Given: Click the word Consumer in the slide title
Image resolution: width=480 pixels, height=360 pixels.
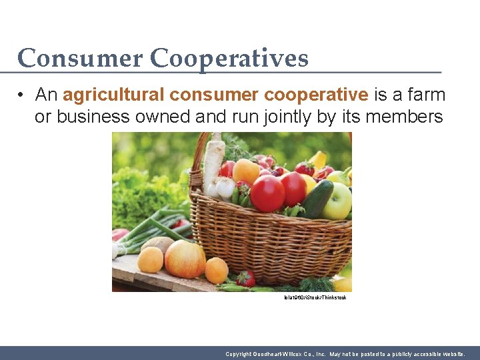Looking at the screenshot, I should pyautogui.click(x=80, y=59).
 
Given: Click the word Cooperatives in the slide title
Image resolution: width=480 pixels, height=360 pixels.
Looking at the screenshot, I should pyautogui.click(x=229, y=59).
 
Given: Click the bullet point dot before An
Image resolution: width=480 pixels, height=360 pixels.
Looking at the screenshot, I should pyautogui.click(x=22, y=95).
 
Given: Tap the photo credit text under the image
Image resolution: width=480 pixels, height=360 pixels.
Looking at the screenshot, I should pyautogui.click(x=315, y=297).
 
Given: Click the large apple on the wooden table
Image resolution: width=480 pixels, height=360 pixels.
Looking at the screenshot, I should pyautogui.click(x=185, y=259).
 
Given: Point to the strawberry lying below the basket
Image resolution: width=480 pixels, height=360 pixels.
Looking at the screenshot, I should pyautogui.click(x=245, y=279).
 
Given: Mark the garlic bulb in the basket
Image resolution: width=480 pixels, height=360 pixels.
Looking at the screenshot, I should pyautogui.click(x=225, y=189).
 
